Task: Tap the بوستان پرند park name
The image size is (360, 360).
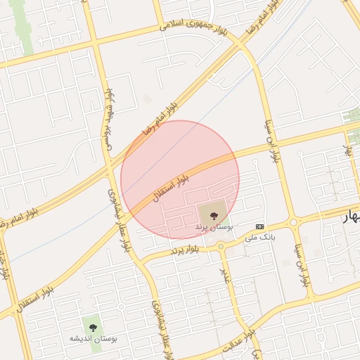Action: (x=212, y=228)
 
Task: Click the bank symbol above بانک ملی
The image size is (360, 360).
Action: (x=260, y=226)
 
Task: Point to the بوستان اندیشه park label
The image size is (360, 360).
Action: (x=93, y=338)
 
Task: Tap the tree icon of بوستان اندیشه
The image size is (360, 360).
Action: (x=92, y=325)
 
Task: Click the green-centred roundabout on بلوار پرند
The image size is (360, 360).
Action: (x=220, y=246)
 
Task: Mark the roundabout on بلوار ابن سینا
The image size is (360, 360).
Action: (x=293, y=222)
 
